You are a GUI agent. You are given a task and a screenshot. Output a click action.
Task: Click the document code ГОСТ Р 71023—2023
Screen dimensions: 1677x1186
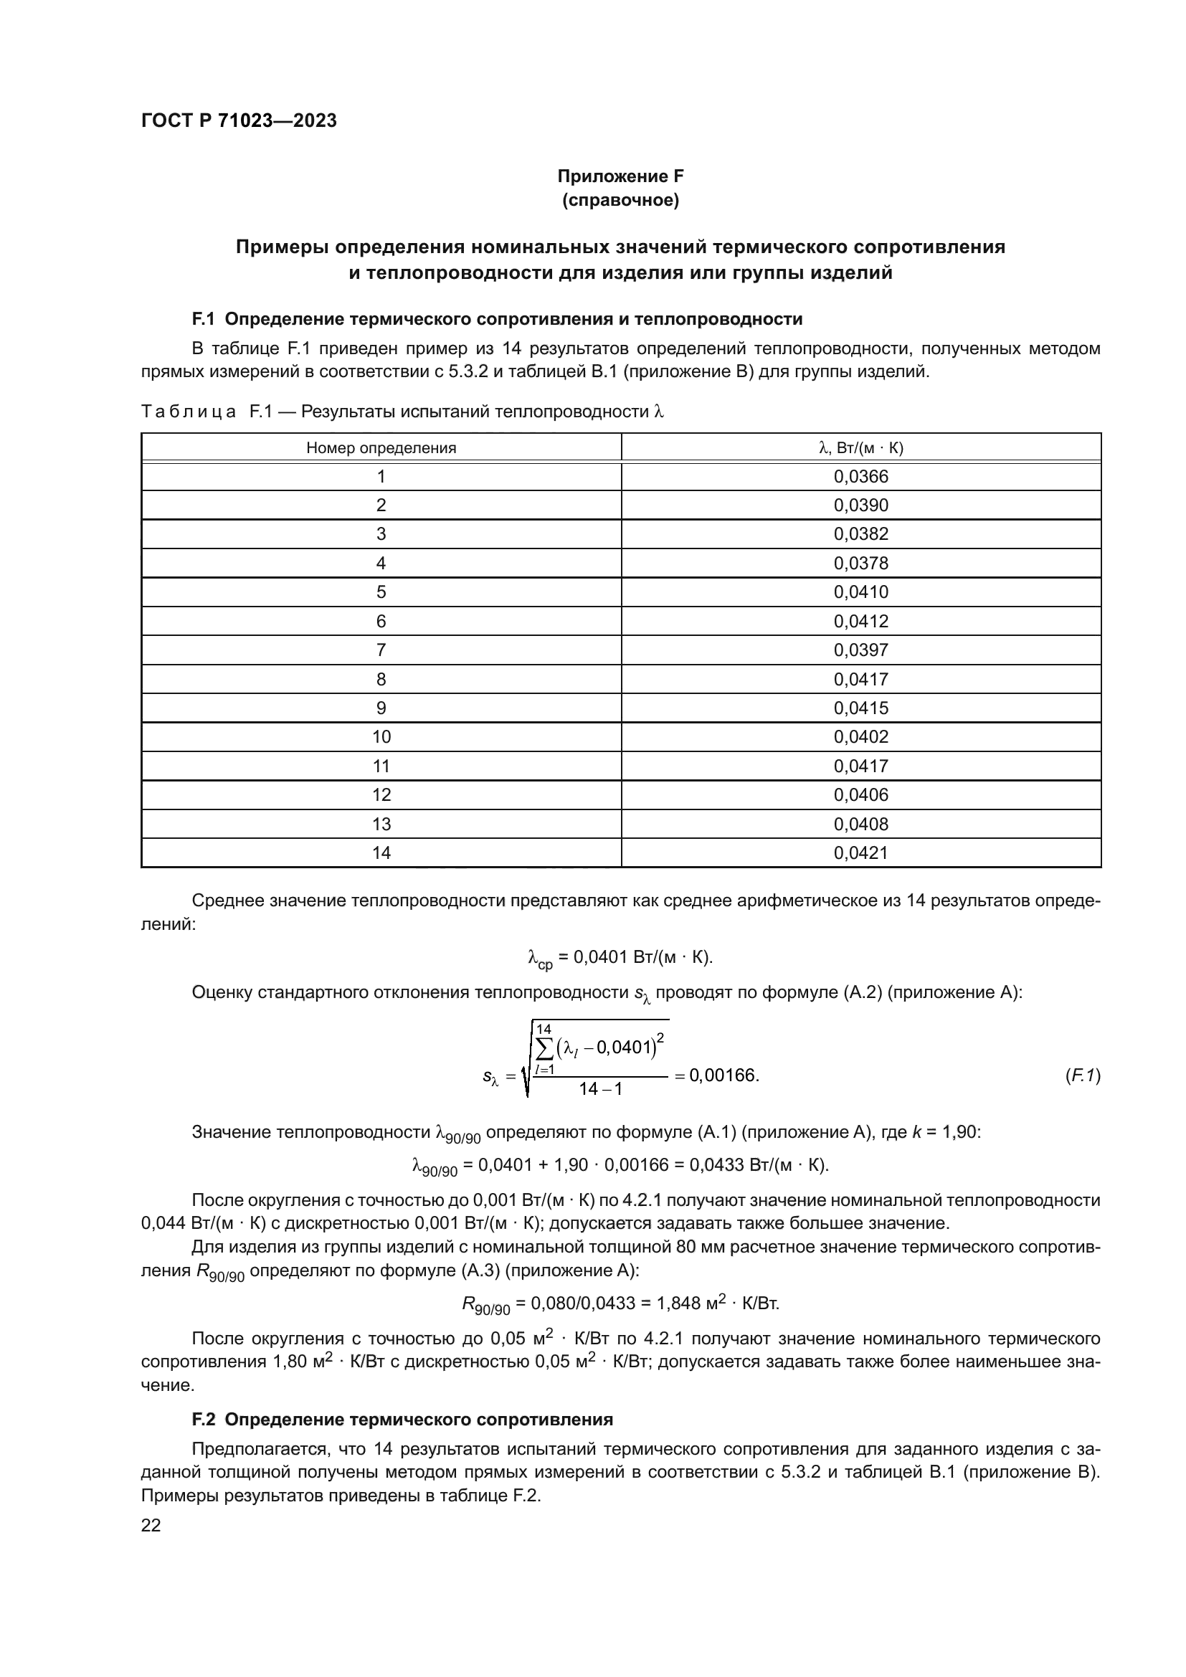coord(239,120)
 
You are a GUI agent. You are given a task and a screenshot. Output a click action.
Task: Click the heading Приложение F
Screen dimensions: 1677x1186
coord(620,176)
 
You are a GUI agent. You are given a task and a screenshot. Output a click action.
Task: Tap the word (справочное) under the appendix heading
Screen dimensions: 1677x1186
coord(620,200)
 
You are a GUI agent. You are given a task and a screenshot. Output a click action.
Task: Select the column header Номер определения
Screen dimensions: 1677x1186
coord(381,447)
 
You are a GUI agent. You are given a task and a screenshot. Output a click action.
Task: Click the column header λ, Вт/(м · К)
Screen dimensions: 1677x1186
coord(861,447)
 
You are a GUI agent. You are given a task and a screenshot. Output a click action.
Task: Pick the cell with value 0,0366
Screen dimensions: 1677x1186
coord(861,477)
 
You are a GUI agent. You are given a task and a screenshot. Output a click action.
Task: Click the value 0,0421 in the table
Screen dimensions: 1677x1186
coord(861,853)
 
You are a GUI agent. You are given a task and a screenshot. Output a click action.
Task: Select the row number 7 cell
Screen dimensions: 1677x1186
coord(381,650)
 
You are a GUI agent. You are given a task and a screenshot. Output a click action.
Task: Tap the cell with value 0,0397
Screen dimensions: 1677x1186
coord(861,650)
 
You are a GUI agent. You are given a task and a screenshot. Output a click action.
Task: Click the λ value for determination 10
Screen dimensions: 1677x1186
coord(861,737)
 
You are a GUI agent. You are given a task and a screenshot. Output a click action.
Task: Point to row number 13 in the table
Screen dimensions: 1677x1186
coord(381,824)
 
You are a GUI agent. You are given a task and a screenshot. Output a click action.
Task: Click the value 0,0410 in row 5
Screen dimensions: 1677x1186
coord(861,592)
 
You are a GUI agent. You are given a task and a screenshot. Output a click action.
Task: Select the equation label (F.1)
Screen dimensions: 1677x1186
coord(1082,1075)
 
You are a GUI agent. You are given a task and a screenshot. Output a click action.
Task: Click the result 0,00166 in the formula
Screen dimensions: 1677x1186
coord(723,1075)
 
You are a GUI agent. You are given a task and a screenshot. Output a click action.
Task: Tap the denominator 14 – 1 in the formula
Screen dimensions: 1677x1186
coord(600,1089)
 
